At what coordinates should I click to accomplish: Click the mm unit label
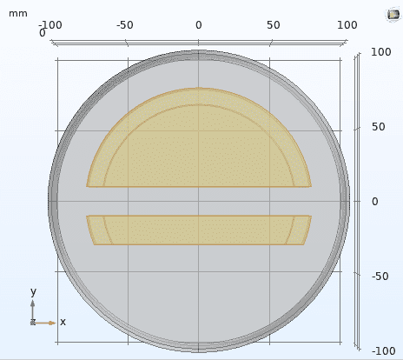tap(18, 14)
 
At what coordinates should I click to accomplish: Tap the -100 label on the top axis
tap(50, 25)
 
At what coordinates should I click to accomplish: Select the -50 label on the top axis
tap(125, 25)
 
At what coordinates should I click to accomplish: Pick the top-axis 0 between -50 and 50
tap(199, 25)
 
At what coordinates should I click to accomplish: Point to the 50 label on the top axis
tap(274, 25)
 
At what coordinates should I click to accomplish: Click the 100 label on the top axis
tap(347, 25)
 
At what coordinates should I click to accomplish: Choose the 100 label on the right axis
tap(381, 52)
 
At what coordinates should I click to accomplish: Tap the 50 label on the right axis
tap(379, 127)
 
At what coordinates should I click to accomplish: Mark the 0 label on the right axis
tap(375, 202)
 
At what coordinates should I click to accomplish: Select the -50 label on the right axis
tap(380, 277)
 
